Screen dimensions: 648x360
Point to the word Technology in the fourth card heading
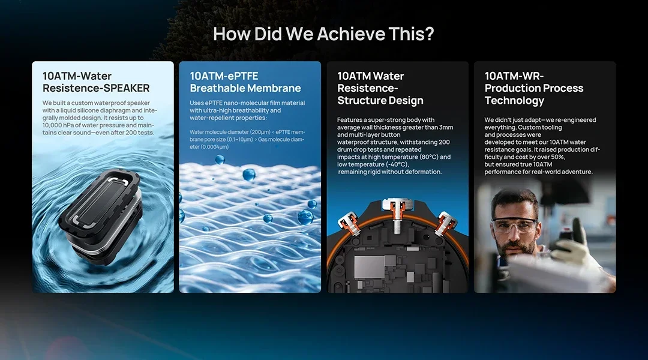515,100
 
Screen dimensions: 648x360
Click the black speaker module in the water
101,215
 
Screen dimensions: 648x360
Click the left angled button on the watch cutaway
350,223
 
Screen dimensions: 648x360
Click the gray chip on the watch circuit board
369,266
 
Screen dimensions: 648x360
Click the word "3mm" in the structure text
446,127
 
